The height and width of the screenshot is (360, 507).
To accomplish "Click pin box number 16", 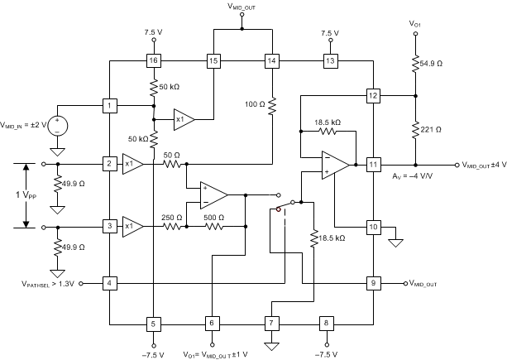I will click(x=154, y=60).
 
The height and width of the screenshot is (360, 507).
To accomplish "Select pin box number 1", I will click(x=109, y=106).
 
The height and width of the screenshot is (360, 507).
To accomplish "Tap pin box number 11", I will click(x=373, y=164).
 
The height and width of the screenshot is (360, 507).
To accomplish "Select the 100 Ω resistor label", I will click(x=254, y=105).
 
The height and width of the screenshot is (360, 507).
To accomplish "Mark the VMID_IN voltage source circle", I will click(x=57, y=126).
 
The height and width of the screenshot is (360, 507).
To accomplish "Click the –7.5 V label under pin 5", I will click(x=154, y=353).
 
